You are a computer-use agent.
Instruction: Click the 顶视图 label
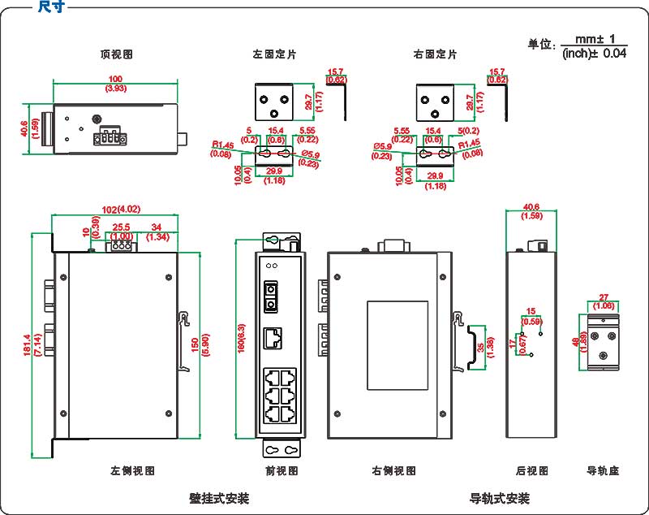(116, 54)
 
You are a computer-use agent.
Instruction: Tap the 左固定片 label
(274, 54)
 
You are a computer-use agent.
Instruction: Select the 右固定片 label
(435, 54)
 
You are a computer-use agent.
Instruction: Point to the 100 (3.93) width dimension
(115, 83)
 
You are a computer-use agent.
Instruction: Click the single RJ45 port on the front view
(274, 337)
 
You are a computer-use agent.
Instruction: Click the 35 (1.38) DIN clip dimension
(484, 347)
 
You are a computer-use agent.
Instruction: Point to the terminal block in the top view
(110, 138)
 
